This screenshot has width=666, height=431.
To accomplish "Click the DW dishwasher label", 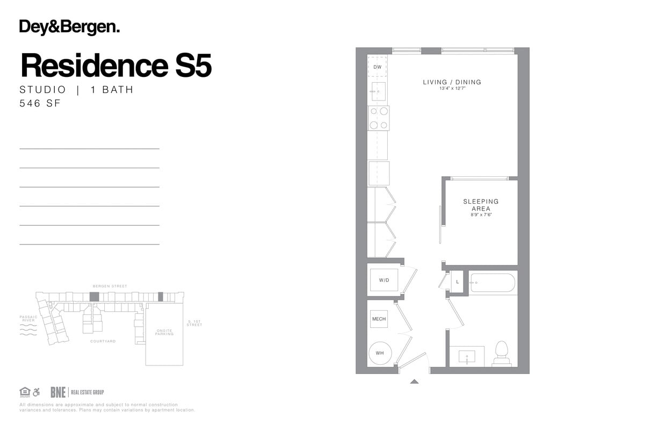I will coord(377,67).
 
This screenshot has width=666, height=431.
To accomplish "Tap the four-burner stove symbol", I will coord(378,118).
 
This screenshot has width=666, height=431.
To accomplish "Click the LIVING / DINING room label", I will coord(452,82).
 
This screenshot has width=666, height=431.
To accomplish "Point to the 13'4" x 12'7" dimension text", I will coord(452,88).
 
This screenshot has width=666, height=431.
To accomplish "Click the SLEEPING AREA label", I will coord(481,205).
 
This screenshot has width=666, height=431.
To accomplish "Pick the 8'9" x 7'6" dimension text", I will coord(481,214).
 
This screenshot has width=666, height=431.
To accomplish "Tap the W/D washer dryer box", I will coord(384,280).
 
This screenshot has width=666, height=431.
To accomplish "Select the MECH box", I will coord(379,319).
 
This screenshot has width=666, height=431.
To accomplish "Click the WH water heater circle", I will coord(380,354).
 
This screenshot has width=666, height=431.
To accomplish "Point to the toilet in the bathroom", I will coord(502,352).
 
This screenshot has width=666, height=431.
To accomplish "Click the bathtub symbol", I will coord(493,283).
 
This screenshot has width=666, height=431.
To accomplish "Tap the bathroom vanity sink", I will coord(466,356).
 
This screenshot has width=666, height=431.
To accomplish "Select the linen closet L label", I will coord(458,282).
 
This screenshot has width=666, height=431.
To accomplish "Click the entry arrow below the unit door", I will coord(414,382).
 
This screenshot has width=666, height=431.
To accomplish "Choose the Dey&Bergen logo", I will coord(69,27).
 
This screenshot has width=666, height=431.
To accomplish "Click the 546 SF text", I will coord(40,103).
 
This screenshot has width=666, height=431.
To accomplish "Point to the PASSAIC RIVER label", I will coord(28,319).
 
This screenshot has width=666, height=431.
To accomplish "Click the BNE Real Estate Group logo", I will coord(77,392).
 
